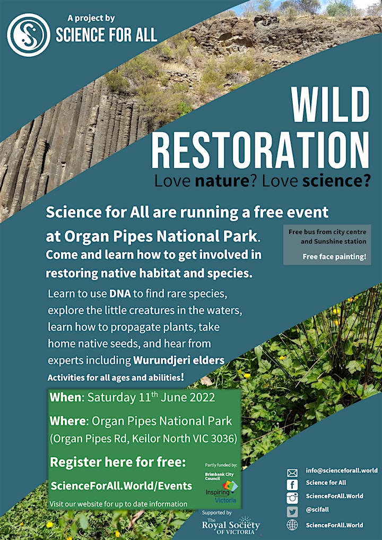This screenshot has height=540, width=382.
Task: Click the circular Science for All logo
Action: tap(29, 34)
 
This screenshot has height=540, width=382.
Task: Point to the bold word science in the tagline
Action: tap(333, 181)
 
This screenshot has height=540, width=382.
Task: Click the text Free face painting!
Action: tap(334, 256)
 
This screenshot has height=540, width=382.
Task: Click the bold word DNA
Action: tap(119, 294)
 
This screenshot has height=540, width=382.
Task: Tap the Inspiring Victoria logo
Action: tap(222, 491)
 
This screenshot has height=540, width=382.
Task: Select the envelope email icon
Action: tap(292, 473)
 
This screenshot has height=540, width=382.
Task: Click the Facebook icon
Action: tap(292, 485)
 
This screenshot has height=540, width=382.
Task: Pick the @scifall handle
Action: tap(317, 509)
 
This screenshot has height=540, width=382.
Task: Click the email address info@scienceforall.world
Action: tap(342, 470)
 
